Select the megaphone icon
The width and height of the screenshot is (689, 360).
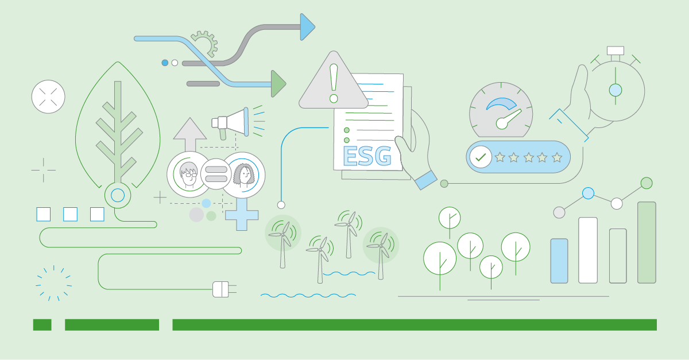click(x=233, y=121)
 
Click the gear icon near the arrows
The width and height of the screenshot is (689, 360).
click(x=204, y=44)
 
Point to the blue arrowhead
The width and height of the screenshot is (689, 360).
click(x=308, y=27)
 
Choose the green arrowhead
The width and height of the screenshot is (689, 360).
click(x=278, y=84)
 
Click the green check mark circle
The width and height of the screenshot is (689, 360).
click(x=480, y=156)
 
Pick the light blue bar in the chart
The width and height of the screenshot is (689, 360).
click(x=559, y=261)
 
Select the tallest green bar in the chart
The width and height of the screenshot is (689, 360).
click(x=647, y=242)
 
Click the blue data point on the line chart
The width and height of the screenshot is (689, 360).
click(x=588, y=193)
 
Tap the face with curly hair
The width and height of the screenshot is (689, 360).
click(x=243, y=174)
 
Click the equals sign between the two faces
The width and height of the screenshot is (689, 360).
click(x=216, y=174)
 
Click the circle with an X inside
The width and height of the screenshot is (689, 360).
click(x=48, y=96)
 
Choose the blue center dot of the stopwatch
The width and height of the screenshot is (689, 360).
click(x=616, y=90)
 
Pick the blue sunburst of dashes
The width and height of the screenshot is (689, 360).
click(x=53, y=283)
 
